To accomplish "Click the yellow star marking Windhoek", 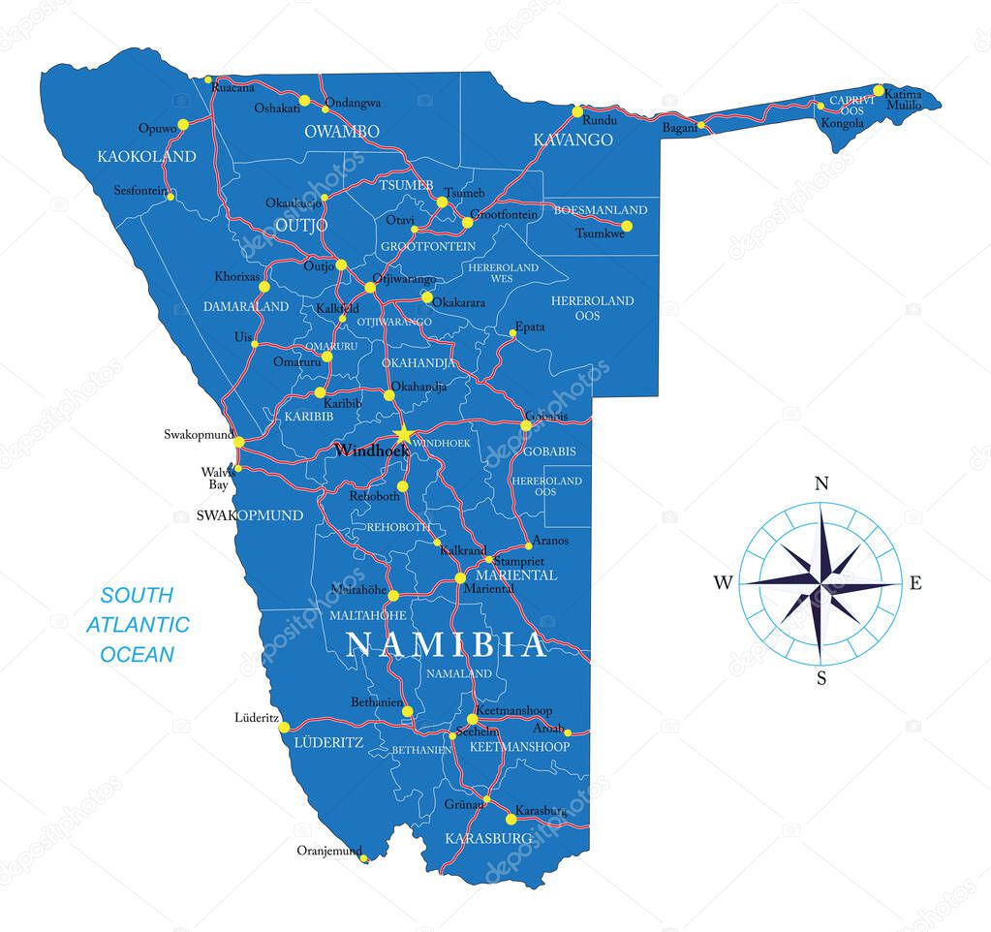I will pos(403,435).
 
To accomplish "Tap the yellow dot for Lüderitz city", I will pos(284,727).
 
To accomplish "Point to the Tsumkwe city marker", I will pos(626,226).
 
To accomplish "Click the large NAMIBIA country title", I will pos(447,644).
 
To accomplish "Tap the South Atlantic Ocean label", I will pos(138,625).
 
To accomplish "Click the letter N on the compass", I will pos(821,484).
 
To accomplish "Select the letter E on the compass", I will pos(915,583).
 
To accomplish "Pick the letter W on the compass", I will pos(723,583).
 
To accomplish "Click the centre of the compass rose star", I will pos(821,584).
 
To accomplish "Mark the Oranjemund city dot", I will pos(363,857).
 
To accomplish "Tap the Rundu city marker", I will pos(577,110).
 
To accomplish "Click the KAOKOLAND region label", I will pos(146,156).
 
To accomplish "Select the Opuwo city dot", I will pos(183,125).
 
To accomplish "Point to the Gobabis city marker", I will pos(526,425).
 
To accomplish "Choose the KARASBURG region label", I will pos(488,838).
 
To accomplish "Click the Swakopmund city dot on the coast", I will pos(238,443).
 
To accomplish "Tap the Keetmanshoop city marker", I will pos(472,719).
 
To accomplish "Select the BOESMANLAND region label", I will pos(601,210).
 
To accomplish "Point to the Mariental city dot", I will pos(460,577).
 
